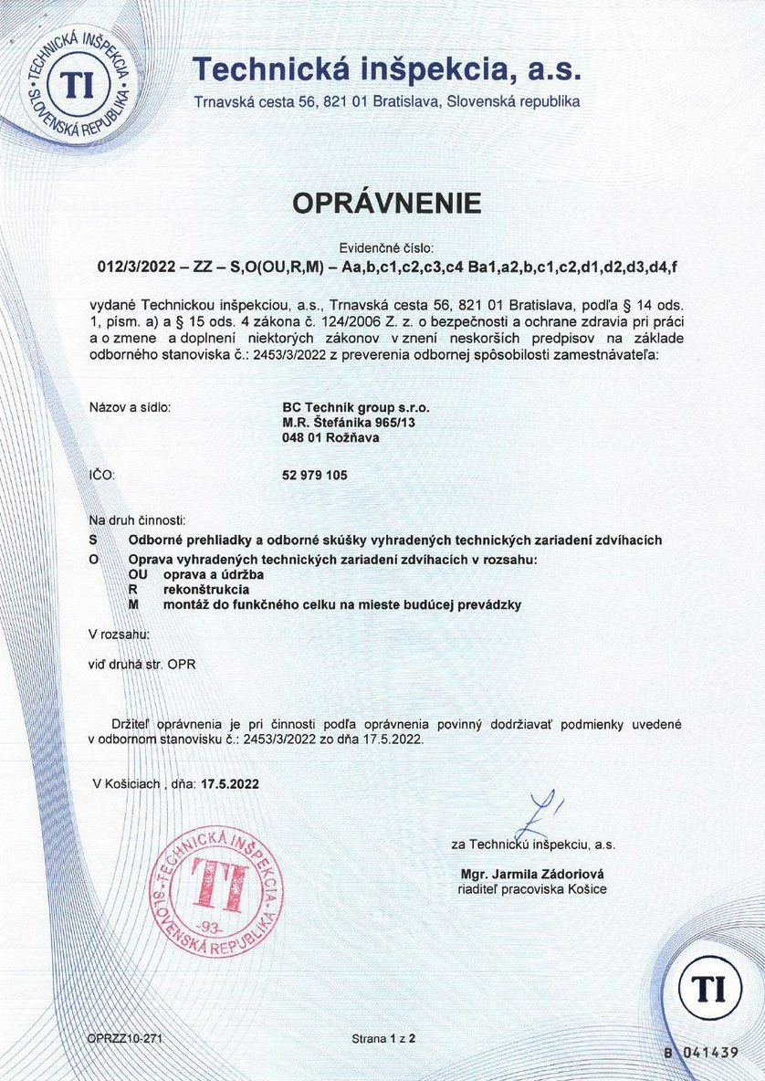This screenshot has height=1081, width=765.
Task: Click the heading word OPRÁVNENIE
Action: click(x=387, y=204)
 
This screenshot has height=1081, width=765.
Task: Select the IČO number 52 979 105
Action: click(x=316, y=476)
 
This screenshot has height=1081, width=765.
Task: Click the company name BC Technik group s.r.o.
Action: click(x=356, y=407)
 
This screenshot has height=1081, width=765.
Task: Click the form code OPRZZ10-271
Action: click(x=125, y=1039)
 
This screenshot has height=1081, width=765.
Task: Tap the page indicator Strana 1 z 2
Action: click(x=383, y=1039)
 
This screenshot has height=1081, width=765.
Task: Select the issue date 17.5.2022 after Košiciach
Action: click(x=229, y=782)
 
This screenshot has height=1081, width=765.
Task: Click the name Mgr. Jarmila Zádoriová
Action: click(x=532, y=873)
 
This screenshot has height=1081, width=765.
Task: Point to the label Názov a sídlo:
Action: click(x=131, y=407)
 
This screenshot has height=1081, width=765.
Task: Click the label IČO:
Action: click(x=100, y=476)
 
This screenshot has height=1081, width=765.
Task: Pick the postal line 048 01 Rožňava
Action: click(x=331, y=437)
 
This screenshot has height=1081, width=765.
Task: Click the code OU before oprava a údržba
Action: click(x=140, y=574)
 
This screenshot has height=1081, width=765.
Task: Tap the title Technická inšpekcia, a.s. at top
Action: click(x=387, y=69)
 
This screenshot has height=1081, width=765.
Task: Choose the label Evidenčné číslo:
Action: click(x=387, y=247)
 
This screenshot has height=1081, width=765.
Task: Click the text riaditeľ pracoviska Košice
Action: click(x=532, y=888)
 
